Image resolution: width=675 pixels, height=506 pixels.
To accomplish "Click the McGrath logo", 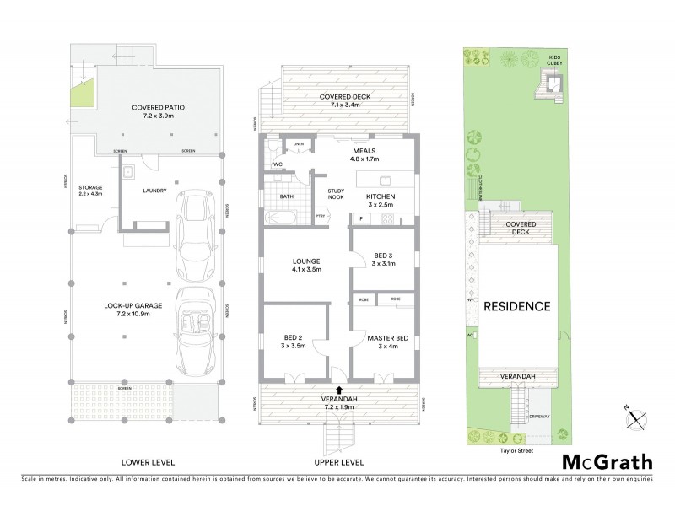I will [x=607, y=461].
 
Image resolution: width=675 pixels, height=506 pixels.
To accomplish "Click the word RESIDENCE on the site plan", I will [x=516, y=306].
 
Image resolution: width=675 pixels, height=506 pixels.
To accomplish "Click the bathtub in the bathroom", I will [x=278, y=218].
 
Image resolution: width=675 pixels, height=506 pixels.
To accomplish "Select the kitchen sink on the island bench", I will [x=384, y=180].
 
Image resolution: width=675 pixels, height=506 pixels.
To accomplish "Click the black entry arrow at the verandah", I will [x=338, y=389].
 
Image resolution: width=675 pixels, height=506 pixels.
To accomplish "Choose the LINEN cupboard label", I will [x=297, y=144].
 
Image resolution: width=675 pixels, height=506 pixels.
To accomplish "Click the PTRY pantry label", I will [x=320, y=217].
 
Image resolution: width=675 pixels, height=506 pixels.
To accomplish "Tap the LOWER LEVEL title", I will [x=147, y=462].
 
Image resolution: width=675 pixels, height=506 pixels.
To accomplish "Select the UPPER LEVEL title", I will [x=338, y=462].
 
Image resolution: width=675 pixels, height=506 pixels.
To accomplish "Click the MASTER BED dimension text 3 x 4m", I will [x=387, y=347].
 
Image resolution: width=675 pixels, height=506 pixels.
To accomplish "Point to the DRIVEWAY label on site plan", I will [x=539, y=417].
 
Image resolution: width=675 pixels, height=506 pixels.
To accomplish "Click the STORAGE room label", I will [x=90, y=187].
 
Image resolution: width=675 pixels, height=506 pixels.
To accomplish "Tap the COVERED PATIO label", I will [x=158, y=107].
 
